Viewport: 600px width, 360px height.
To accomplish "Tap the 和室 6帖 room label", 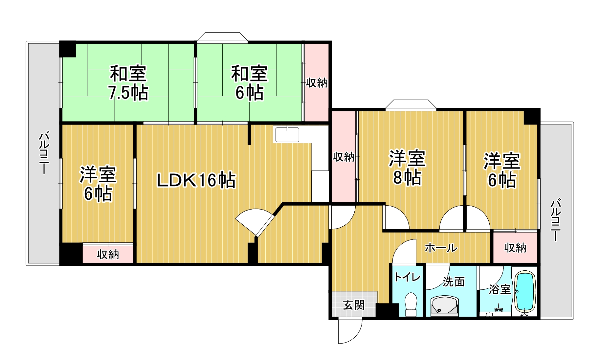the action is coord(249,83).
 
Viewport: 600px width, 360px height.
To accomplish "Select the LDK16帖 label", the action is coord(196,180).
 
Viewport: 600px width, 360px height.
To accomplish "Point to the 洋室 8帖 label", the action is coord(407,168).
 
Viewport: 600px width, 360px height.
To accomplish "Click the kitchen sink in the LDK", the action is coord(287,135).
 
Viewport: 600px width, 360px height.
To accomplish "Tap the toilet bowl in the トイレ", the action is coord(411,304).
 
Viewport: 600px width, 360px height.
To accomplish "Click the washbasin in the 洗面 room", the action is coord(444,305).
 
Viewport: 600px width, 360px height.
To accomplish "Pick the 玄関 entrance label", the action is coord(354,305).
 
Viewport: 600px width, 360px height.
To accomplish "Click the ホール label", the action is coord(441,248).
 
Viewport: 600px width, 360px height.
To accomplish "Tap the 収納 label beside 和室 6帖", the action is coord(317,82).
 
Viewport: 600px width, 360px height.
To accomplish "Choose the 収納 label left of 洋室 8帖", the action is coord(344,157).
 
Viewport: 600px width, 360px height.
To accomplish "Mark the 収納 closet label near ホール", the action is coord(515,248).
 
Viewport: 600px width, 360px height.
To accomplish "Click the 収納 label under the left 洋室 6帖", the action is coord(108,255).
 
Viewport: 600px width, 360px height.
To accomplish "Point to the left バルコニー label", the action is coord(44,152).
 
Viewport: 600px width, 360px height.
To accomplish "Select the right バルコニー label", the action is coord(556,219).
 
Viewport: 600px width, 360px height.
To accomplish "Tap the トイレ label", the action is coord(407,277).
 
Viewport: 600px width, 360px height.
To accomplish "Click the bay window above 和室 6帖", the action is coord(222,37).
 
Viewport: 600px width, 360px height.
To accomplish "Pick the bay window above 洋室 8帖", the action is coord(411,104).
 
